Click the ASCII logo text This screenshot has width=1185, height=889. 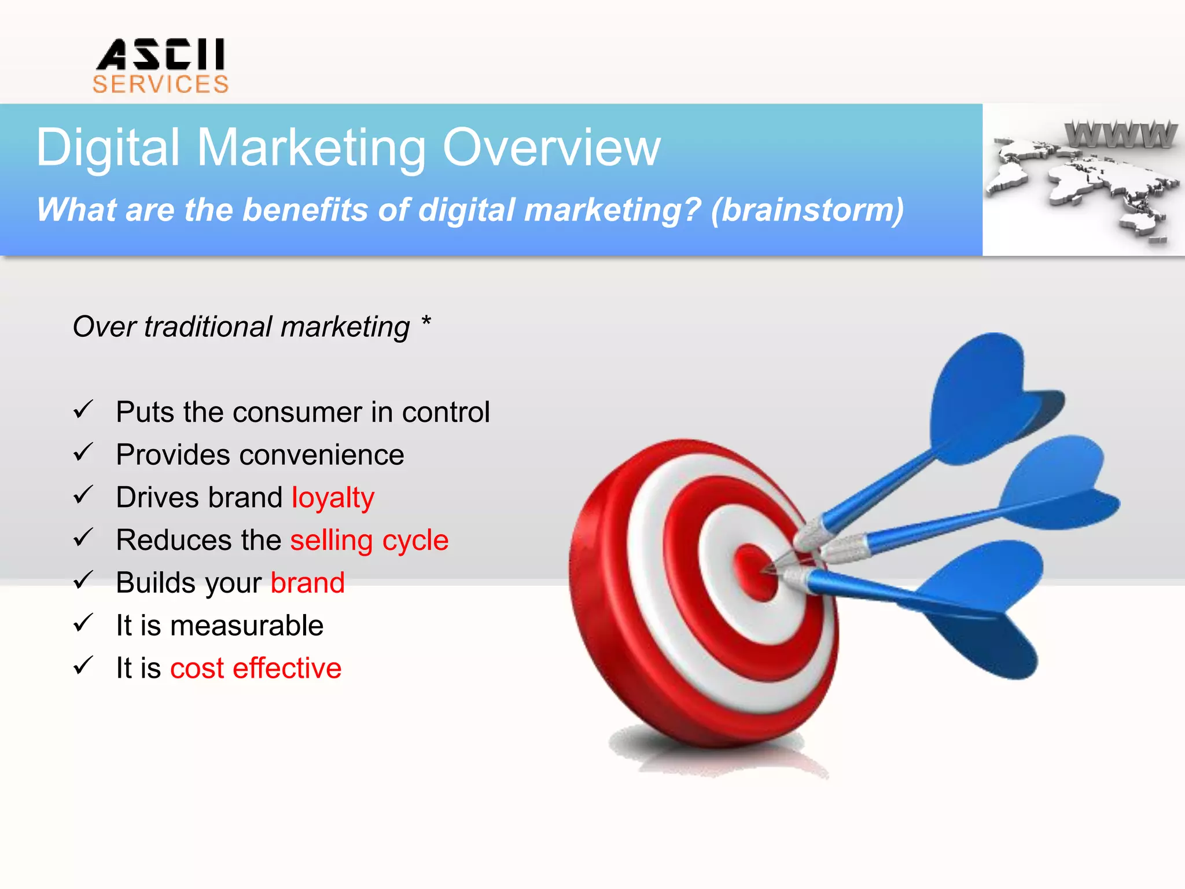click(161, 54)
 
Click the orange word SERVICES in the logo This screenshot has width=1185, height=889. click(161, 85)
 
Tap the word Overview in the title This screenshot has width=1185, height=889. click(551, 148)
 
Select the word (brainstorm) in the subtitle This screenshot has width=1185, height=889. click(807, 210)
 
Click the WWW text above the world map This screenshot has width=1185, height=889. click(1121, 134)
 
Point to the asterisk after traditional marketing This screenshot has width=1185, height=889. click(426, 320)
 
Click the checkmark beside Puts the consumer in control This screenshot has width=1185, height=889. click(83, 410)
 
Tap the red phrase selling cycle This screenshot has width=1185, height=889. click(369, 541)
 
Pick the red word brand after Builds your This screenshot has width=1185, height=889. click(307, 583)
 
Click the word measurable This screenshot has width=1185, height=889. click(246, 626)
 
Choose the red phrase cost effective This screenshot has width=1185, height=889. click(256, 668)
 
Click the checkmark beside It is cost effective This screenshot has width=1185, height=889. click(83, 666)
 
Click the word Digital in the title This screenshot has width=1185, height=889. click(108, 148)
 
